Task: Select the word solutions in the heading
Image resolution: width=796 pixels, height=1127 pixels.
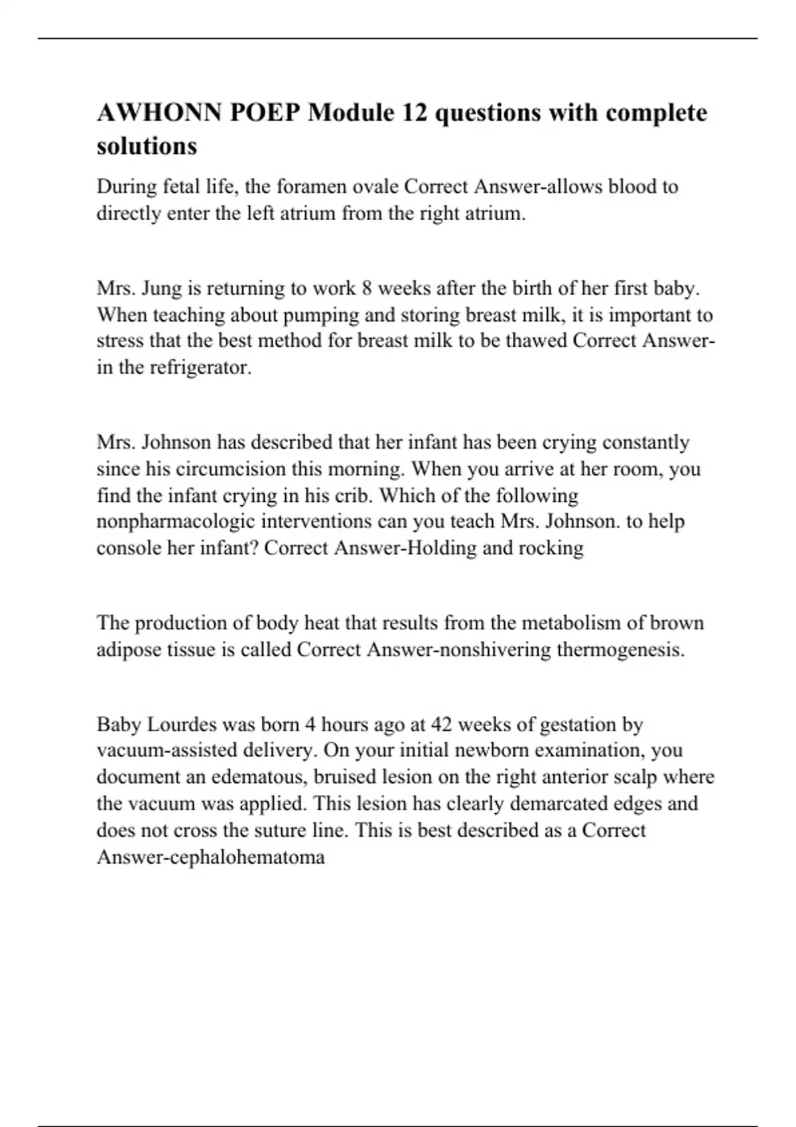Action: tap(147, 146)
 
